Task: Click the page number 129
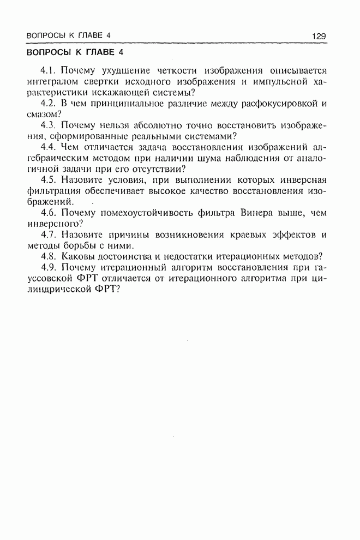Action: tap(319, 36)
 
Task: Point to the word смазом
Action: tap(41, 115)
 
